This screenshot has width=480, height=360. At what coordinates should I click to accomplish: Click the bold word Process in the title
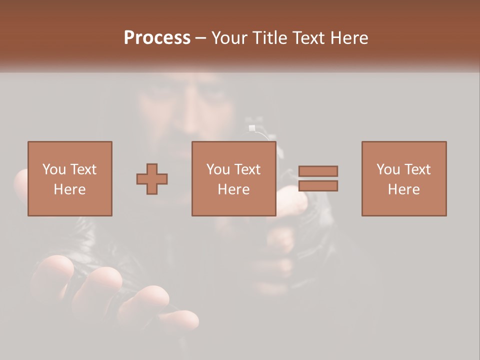[157, 38]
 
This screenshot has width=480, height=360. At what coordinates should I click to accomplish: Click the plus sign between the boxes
[152, 179]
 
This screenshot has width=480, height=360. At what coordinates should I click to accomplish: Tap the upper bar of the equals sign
[318, 171]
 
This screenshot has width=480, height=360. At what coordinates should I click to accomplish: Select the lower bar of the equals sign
[318, 186]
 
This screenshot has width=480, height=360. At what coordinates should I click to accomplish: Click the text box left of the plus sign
[70, 178]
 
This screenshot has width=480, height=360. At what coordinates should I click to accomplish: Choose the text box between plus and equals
[234, 178]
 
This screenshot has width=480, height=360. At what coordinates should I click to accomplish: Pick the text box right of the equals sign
[404, 178]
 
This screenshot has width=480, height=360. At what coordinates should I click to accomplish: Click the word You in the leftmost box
[53, 169]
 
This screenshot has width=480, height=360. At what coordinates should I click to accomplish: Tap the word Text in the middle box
[247, 169]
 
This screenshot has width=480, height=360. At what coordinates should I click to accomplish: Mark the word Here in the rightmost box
[403, 189]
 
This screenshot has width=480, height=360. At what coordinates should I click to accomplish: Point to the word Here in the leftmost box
[69, 189]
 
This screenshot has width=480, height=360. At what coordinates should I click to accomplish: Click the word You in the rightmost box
[387, 169]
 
